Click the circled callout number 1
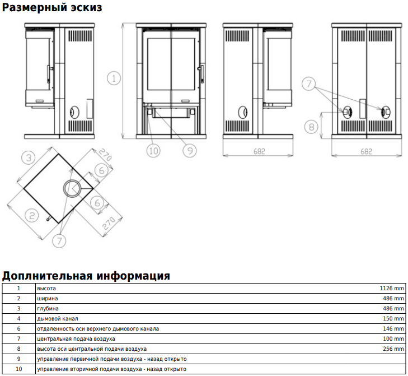pyautogui.click(x=114, y=78)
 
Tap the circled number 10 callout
pyautogui.click(x=153, y=151)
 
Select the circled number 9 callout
pyautogui.click(x=190, y=151)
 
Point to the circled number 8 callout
pyautogui.click(x=311, y=127)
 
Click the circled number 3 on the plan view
pyautogui.click(x=29, y=157)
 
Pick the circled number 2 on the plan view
pyautogui.click(x=32, y=216)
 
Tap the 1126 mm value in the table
pyautogui.click(x=392, y=288)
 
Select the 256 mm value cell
pyautogui.click(x=393, y=349)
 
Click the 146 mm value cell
pyautogui.click(x=393, y=328)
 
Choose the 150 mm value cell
pyautogui.click(x=393, y=318)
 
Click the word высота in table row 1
pyautogui.click(x=46, y=289)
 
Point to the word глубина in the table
pyautogui.click(x=48, y=309)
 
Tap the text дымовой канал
pyautogui.click(x=57, y=318)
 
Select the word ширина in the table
pyautogui.click(x=48, y=299)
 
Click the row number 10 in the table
pyautogui.click(x=18, y=369)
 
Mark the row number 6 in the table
pyautogui.click(x=18, y=328)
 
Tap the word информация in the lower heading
pyautogui.click(x=133, y=276)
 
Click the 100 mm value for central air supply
pyautogui.click(x=393, y=339)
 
